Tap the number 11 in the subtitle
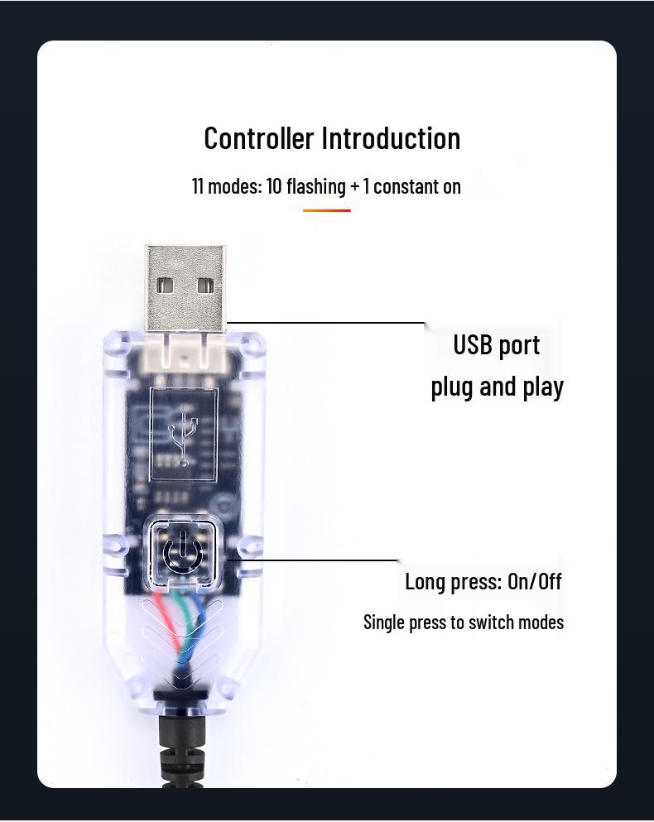198,186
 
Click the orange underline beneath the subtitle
327,210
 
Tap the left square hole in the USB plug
165,286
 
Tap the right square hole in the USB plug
206,286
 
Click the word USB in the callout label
472,345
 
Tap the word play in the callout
543,387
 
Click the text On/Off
535,581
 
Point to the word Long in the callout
424,582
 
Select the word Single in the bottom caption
384,622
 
